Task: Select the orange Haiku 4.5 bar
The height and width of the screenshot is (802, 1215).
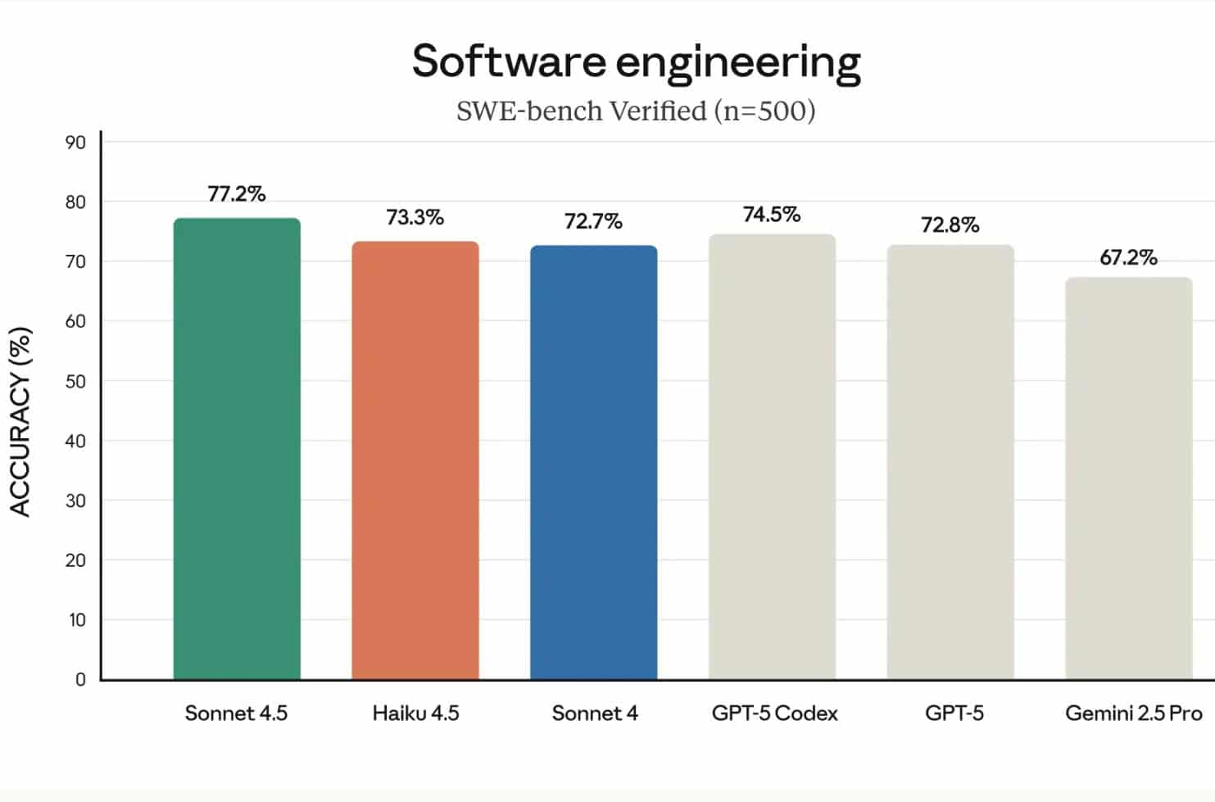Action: [415, 460]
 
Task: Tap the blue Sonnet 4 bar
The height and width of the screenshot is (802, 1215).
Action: [594, 463]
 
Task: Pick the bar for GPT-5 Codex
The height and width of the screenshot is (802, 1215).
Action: [772, 457]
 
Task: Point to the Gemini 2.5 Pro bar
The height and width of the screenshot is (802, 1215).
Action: [1128, 478]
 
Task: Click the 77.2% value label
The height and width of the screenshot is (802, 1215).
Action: [237, 194]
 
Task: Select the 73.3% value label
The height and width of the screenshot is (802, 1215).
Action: [415, 217]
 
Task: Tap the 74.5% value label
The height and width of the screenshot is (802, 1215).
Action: [772, 215]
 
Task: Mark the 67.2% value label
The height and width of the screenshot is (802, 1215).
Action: [1128, 258]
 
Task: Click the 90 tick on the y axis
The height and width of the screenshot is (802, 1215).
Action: [75, 143]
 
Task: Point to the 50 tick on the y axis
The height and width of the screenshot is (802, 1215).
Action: [75, 382]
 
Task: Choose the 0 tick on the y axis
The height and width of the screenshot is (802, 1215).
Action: [80, 679]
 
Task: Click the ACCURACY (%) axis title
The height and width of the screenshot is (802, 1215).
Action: [20, 422]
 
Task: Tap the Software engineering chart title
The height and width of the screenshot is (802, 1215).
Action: [636, 62]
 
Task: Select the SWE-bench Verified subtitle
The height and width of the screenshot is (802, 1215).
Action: [636, 111]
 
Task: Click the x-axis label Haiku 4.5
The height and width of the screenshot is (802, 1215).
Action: [415, 714]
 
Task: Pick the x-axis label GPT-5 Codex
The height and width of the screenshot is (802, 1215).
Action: [774, 714]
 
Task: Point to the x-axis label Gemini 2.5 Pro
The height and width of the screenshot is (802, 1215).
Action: [1133, 714]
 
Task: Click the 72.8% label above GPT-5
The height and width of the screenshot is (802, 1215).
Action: [950, 225]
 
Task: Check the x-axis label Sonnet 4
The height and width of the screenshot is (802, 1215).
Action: [595, 714]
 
